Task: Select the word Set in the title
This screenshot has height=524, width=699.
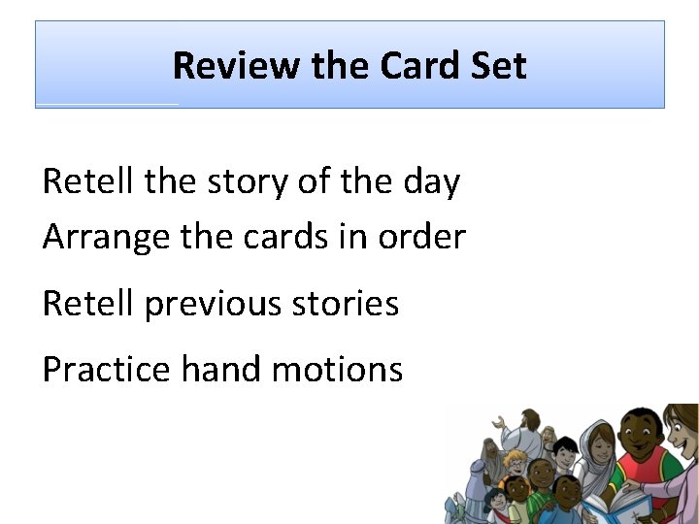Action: [x=500, y=66]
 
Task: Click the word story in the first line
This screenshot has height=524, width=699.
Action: [x=246, y=181]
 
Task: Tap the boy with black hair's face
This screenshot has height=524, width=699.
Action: [x=566, y=453]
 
